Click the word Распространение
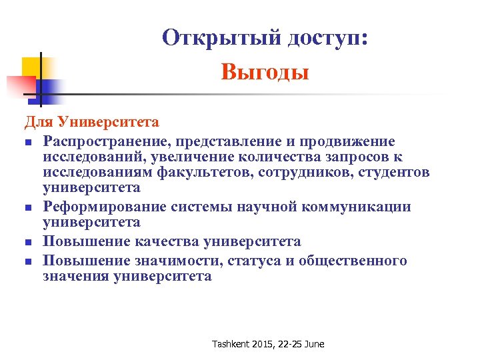tap(107, 141)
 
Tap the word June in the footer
tap(313, 344)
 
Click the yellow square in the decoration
tap(32, 67)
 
